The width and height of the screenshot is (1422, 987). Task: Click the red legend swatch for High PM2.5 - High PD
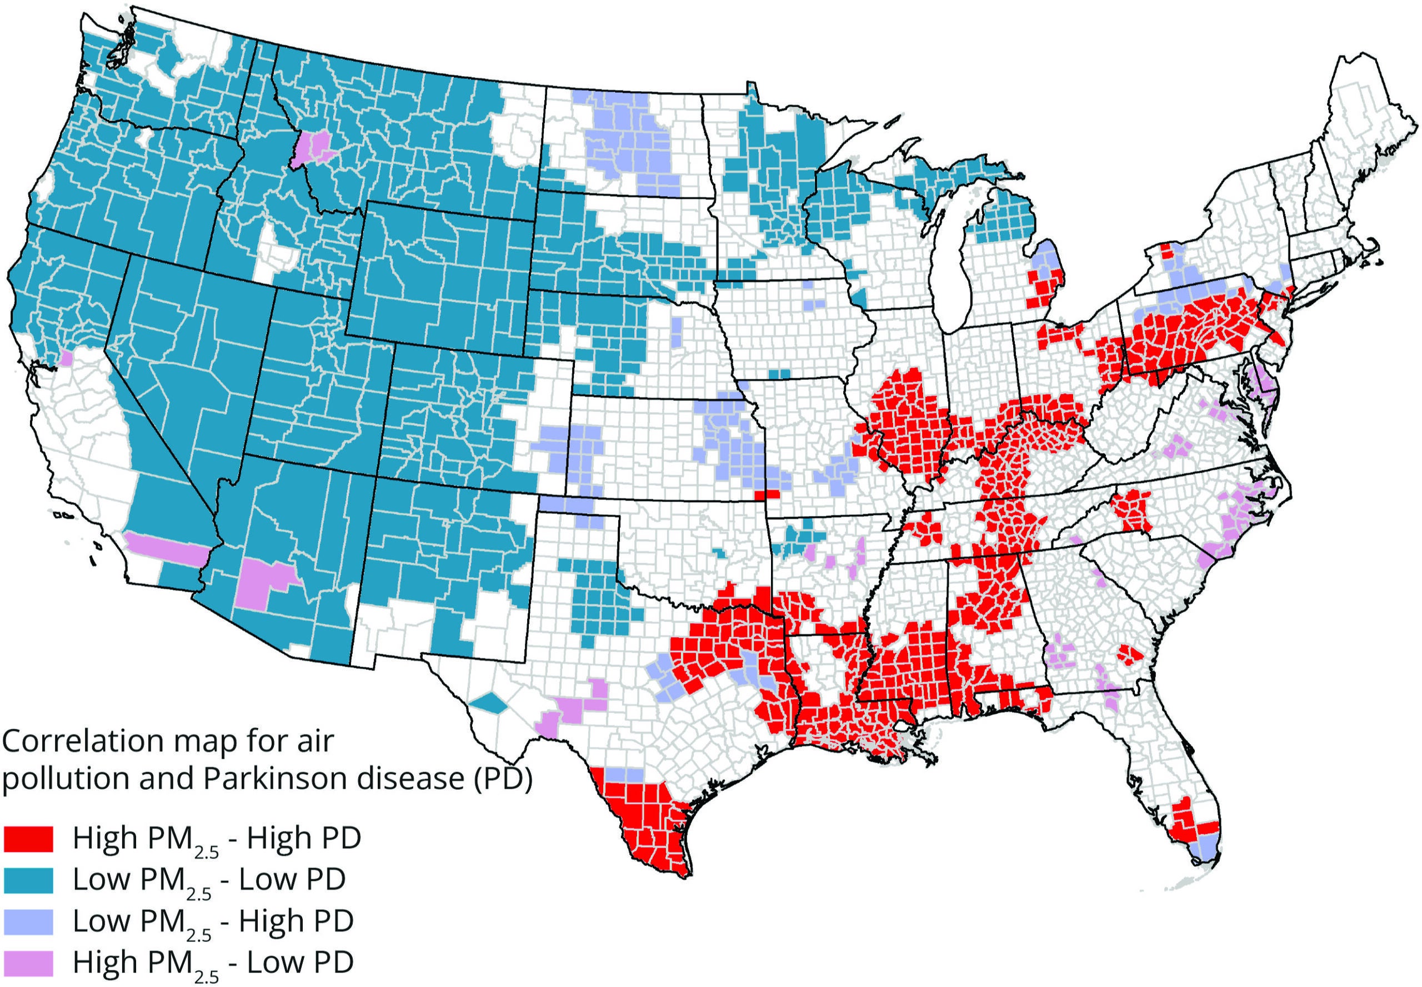click(28, 839)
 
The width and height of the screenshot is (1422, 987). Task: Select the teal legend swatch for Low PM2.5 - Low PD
click(28, 879)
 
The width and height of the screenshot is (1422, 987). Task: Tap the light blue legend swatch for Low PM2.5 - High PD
click(28, 921)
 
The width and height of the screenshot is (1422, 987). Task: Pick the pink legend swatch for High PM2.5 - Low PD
click(28, 962)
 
